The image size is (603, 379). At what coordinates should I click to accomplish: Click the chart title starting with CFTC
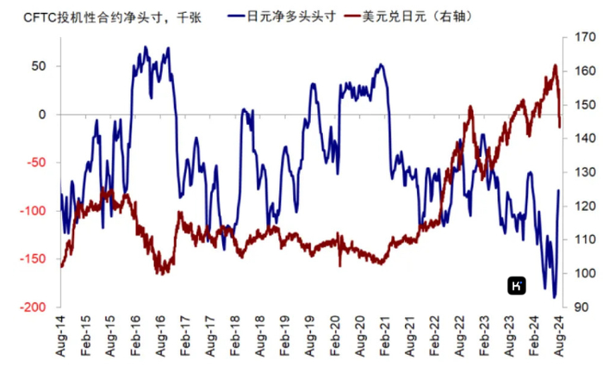pyautogui.click(x=103, y=16)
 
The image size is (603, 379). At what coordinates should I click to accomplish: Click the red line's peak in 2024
pyautogui.click(x=555, y=65)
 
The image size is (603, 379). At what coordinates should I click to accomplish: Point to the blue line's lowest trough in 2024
pyautogui.click(x=554, y=297)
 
